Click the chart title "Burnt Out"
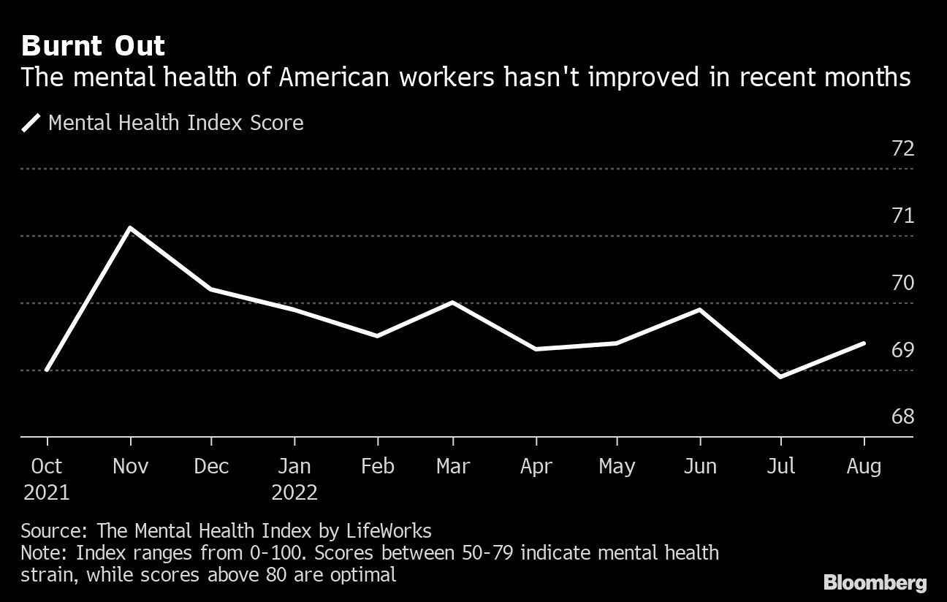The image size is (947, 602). tap(93, 46)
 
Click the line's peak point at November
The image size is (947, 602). tap(130, 228)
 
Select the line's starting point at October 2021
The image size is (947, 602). tap(47, 370)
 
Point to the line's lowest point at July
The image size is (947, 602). tap(781, 377)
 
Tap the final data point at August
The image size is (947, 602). tap(864, 343)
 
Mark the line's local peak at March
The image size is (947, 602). tap(453, 302)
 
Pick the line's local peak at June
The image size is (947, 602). tap(700, 310)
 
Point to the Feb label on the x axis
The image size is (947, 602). tap(377, 466)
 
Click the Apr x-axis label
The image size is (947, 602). tap(536, 466)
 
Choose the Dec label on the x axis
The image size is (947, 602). tap(211, 466)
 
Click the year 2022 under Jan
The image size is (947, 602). tap(294, 492)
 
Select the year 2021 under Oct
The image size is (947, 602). tap(47, 492)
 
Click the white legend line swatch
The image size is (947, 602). tap(31, 122)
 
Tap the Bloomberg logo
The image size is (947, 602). tap(875, 582)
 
